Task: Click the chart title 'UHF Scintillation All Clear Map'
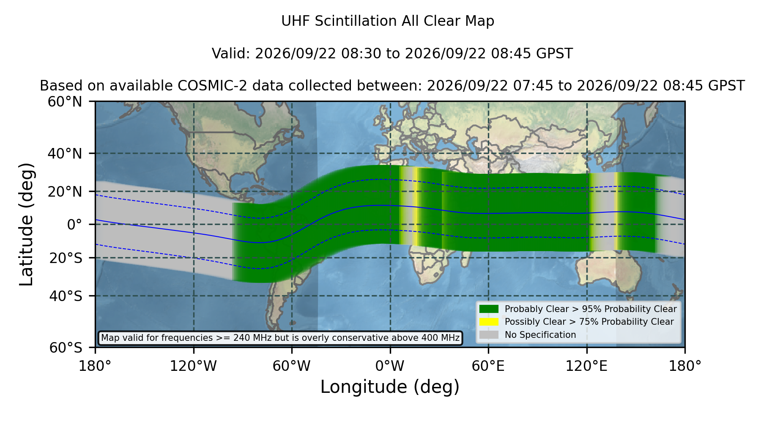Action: tap(388, 21)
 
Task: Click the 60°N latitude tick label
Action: tap(65, 102)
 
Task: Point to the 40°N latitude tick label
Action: tap(65, 153)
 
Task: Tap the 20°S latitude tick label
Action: tap(66, 258)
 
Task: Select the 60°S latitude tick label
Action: tap(66, 348)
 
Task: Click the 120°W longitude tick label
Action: tap(193, 366)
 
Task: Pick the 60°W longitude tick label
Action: tap(292, 366)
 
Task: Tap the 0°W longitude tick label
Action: tap(390, 366)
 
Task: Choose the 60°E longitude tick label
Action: tap(488, 366)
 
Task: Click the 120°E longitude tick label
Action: tap(586, 366)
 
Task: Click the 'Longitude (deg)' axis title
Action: tap(390, 387)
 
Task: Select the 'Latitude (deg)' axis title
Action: tap(26, 224)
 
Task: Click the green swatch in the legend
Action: tap(489, 309)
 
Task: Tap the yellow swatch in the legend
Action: tap(489, 322)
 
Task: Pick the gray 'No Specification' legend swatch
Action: tap(489, 335)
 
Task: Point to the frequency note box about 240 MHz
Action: tap(280, 338)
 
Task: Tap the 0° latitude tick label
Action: tap(75, 225)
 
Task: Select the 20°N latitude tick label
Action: tap(65, 192)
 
